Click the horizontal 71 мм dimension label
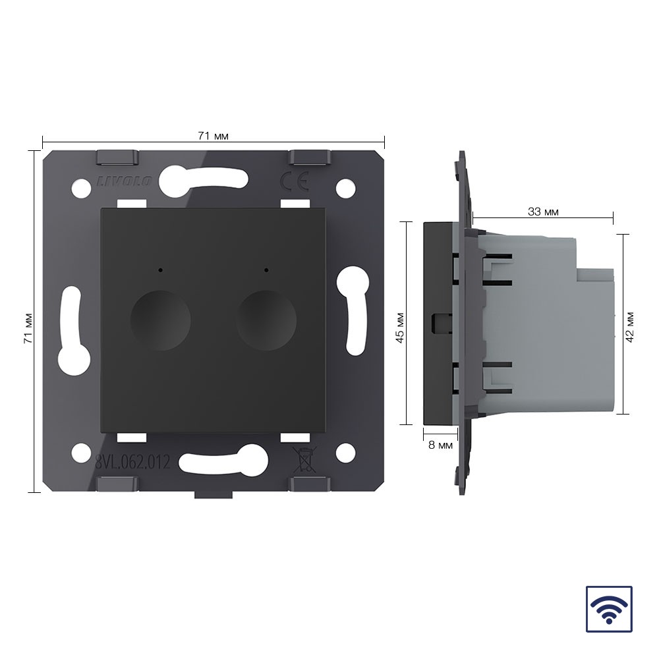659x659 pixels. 213,136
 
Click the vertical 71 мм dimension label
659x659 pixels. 28,328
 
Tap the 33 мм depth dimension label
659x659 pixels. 543,212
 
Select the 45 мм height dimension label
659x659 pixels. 400,328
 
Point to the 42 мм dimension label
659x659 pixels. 629,327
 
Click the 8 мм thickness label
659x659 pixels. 440,445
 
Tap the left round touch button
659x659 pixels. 160,320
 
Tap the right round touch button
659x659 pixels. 266,320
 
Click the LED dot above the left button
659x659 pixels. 160,270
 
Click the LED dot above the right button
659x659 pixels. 266,270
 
